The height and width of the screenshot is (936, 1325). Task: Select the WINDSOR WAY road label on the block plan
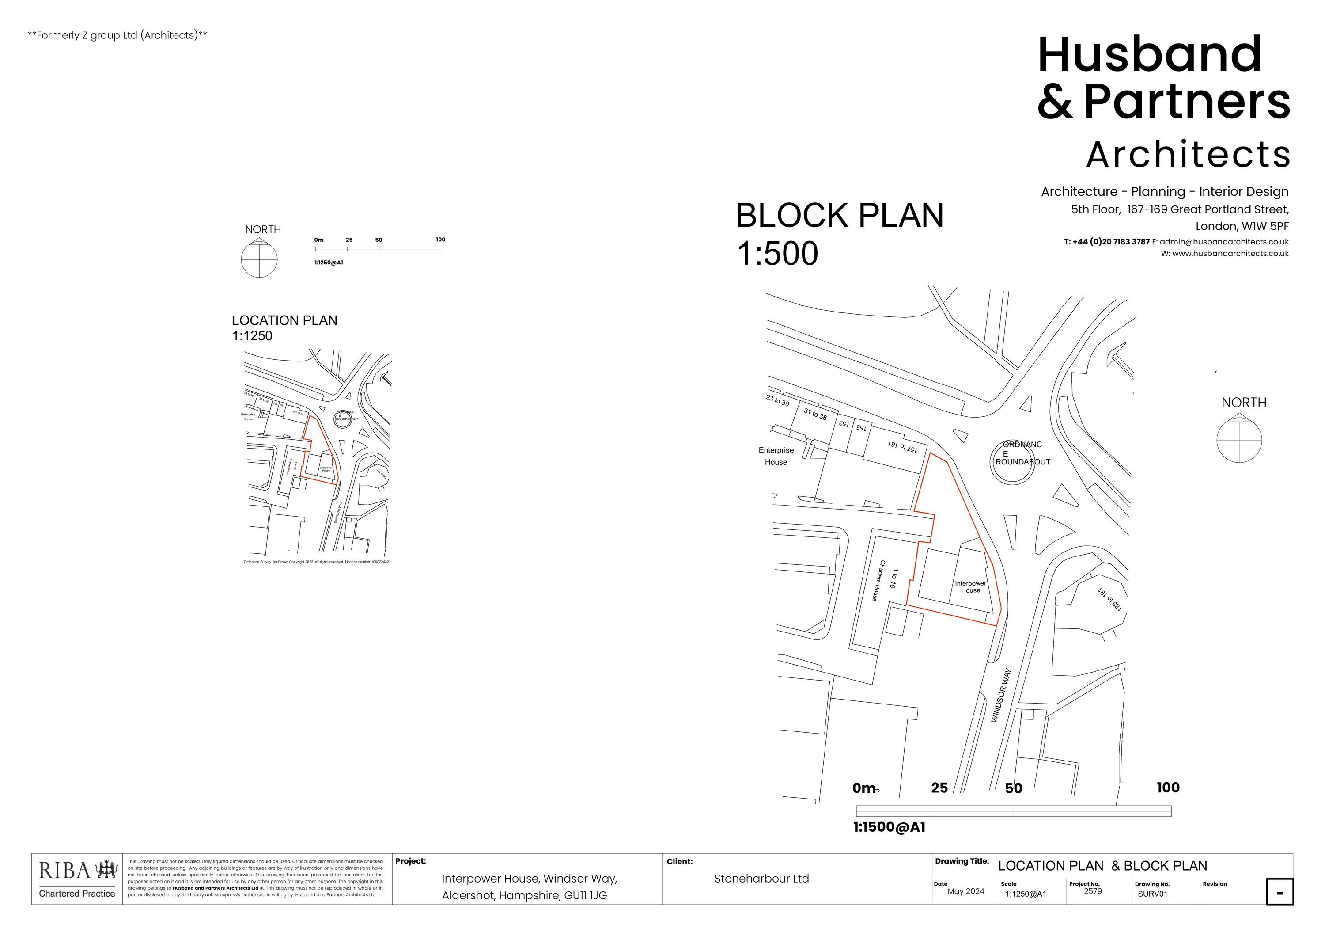point(1001,695)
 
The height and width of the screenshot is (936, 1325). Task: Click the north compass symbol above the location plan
point(259,259)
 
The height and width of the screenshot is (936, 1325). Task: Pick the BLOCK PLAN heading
point(839,216)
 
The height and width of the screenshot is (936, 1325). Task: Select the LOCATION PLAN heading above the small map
point(284,320)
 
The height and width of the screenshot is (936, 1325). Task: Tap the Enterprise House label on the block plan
point(776,456)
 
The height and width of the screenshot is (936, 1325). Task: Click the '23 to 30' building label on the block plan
point(777,400)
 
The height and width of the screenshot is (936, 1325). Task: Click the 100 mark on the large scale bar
point(1168,788)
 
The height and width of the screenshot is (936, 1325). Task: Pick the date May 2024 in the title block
point(965,891)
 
